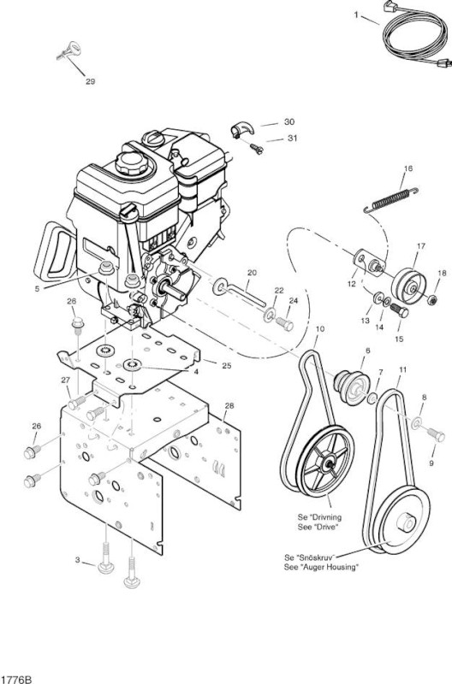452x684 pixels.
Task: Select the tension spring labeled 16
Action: (391, 200)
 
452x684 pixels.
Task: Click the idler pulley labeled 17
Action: (408, 286)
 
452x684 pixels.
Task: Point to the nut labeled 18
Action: (432, 300)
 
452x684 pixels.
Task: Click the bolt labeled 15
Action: (399, 310)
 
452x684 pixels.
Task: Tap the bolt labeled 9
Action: (435, 433)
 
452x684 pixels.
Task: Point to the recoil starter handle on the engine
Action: (54, 251)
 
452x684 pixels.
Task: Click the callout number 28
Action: (229, 405)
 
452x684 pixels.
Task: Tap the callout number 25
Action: (226, 366)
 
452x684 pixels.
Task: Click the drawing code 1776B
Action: (16, 679)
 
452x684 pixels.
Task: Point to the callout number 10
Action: (319, 328)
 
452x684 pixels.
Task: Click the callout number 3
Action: (77, 560)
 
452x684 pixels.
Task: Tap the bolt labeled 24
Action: (285, 324)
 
